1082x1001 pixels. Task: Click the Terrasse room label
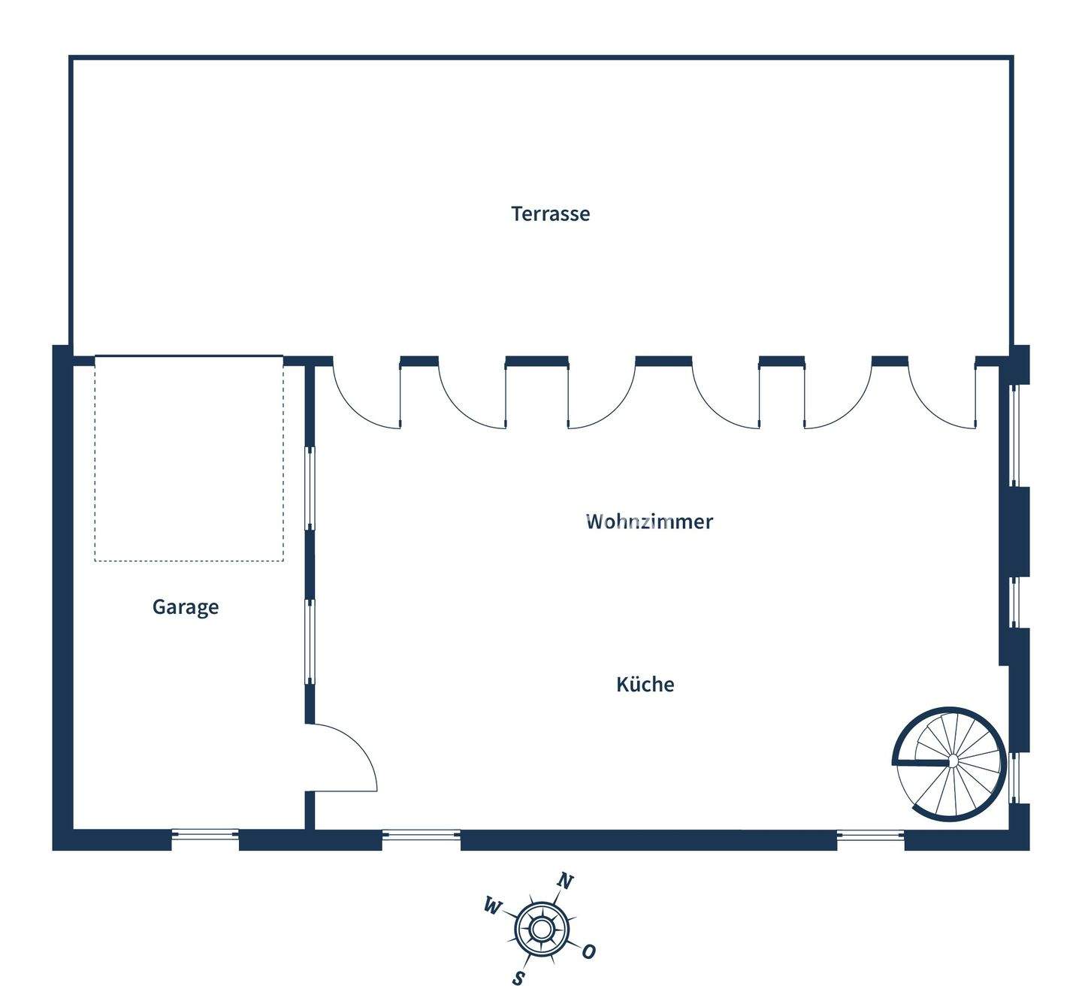point(550,213)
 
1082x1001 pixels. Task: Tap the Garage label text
point(186,606)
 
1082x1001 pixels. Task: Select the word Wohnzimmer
point(649,522)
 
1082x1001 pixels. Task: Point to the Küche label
point(645,685)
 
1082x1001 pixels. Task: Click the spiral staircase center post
point(952,762)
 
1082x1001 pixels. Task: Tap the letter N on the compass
point(565,882)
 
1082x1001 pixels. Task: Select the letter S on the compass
point(518,978)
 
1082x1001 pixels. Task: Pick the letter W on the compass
point(491,907)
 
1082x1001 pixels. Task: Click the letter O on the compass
point(588,951)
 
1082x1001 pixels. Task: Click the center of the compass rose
point(540,930)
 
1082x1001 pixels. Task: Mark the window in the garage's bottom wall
point(205,834)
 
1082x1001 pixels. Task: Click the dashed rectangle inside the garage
point(189,458)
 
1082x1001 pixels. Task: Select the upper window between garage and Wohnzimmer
point(309,488)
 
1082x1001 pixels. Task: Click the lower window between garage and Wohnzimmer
point(309,642)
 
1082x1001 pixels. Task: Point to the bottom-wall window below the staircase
point(870,834)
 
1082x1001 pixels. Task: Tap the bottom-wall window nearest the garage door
point(421,834)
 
